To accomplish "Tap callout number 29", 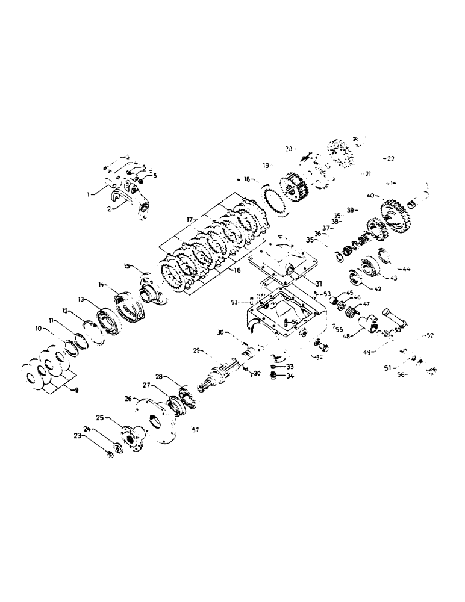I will coord(196,350).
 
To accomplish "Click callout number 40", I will coord(369,195).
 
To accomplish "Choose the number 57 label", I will coord(194,429).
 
